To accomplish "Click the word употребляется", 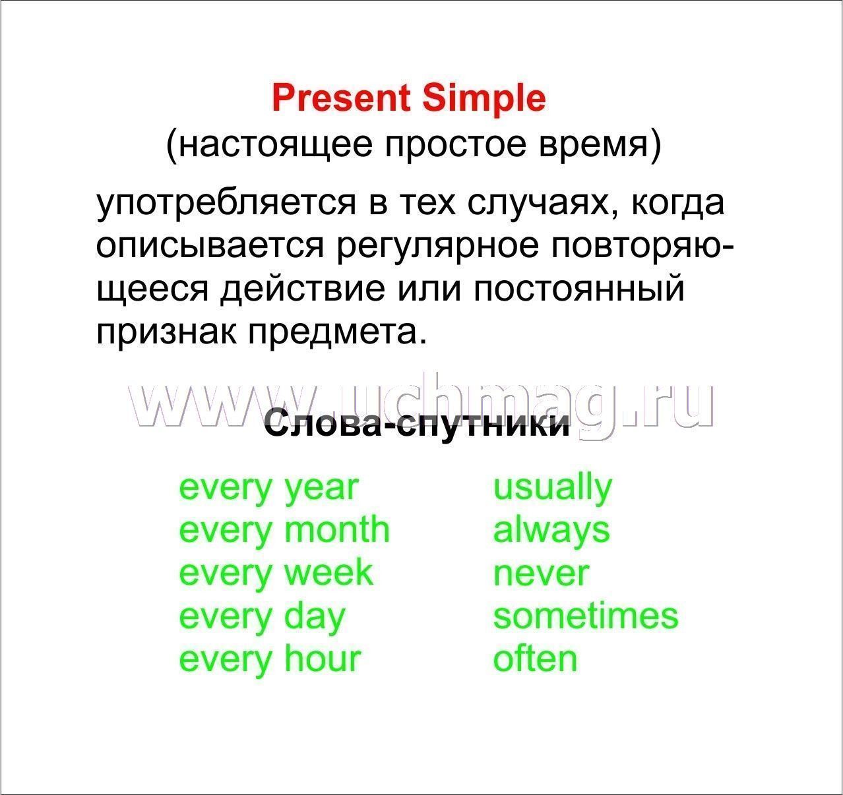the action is tap(226, 204).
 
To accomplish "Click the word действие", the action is tap(303, 289).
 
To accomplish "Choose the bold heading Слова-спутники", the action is tap(416, 425).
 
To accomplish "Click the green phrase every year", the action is tap(269, 489).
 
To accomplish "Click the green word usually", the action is tap(553, 488).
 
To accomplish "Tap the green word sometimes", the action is tap(586, 616).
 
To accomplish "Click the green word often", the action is tap(536, 659).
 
